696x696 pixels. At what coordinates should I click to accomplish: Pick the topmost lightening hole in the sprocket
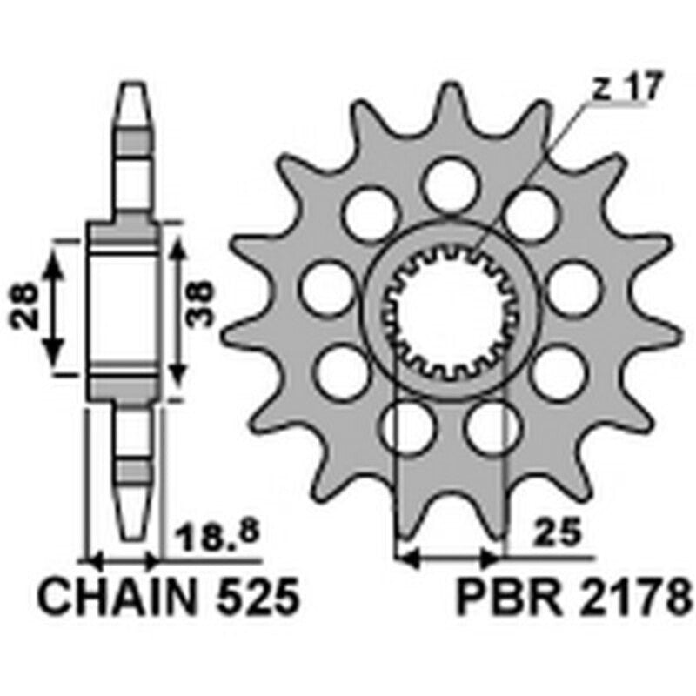click(450, 183)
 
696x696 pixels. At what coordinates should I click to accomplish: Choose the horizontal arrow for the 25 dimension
click(449, 553)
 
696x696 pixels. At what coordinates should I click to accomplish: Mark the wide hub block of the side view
click(124, 309)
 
